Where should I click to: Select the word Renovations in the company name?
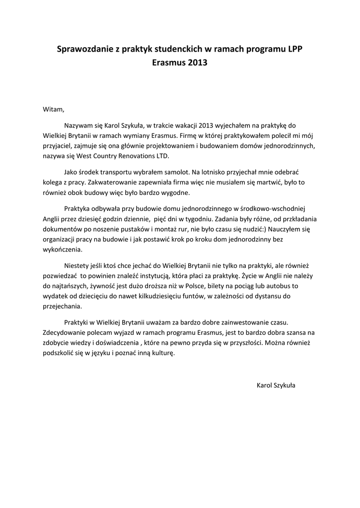pyautogui.click(x=139, y=155)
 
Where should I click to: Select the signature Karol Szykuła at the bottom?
pyautogui.click(x=276, y=385)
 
